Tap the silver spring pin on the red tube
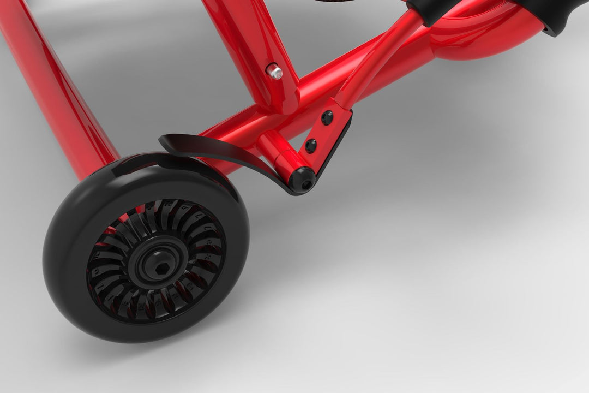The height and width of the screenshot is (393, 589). coord(274,72)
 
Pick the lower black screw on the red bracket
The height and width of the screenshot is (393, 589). coord(310,145)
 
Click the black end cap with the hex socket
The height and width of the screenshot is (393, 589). coord(302,180)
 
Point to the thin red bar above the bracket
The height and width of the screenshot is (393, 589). coord(376,60)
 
